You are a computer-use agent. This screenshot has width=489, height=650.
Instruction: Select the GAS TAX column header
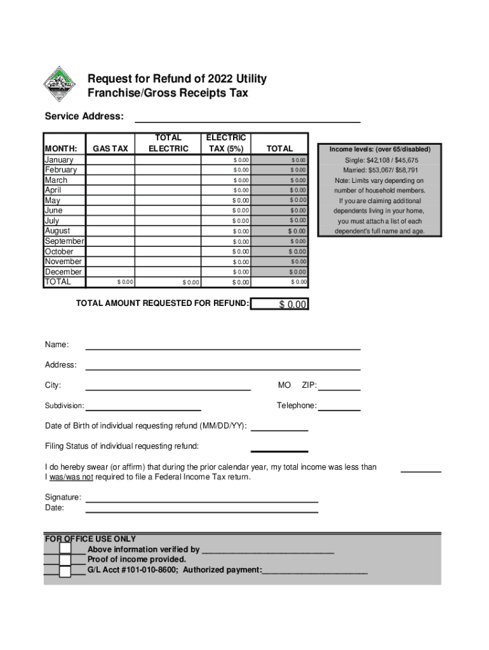111,149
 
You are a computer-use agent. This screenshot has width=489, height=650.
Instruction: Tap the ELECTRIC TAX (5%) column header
226,143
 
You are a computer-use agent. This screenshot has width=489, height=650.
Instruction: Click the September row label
64,241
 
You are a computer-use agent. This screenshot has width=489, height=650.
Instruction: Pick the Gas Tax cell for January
111,160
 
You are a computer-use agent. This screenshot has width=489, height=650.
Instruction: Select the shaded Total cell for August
281,231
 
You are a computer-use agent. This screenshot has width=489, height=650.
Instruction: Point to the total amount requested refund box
280,305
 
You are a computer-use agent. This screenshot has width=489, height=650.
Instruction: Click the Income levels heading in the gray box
380,149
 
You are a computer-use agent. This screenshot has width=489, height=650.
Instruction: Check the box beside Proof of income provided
65,560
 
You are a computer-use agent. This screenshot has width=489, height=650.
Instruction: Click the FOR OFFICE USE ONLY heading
90,539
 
